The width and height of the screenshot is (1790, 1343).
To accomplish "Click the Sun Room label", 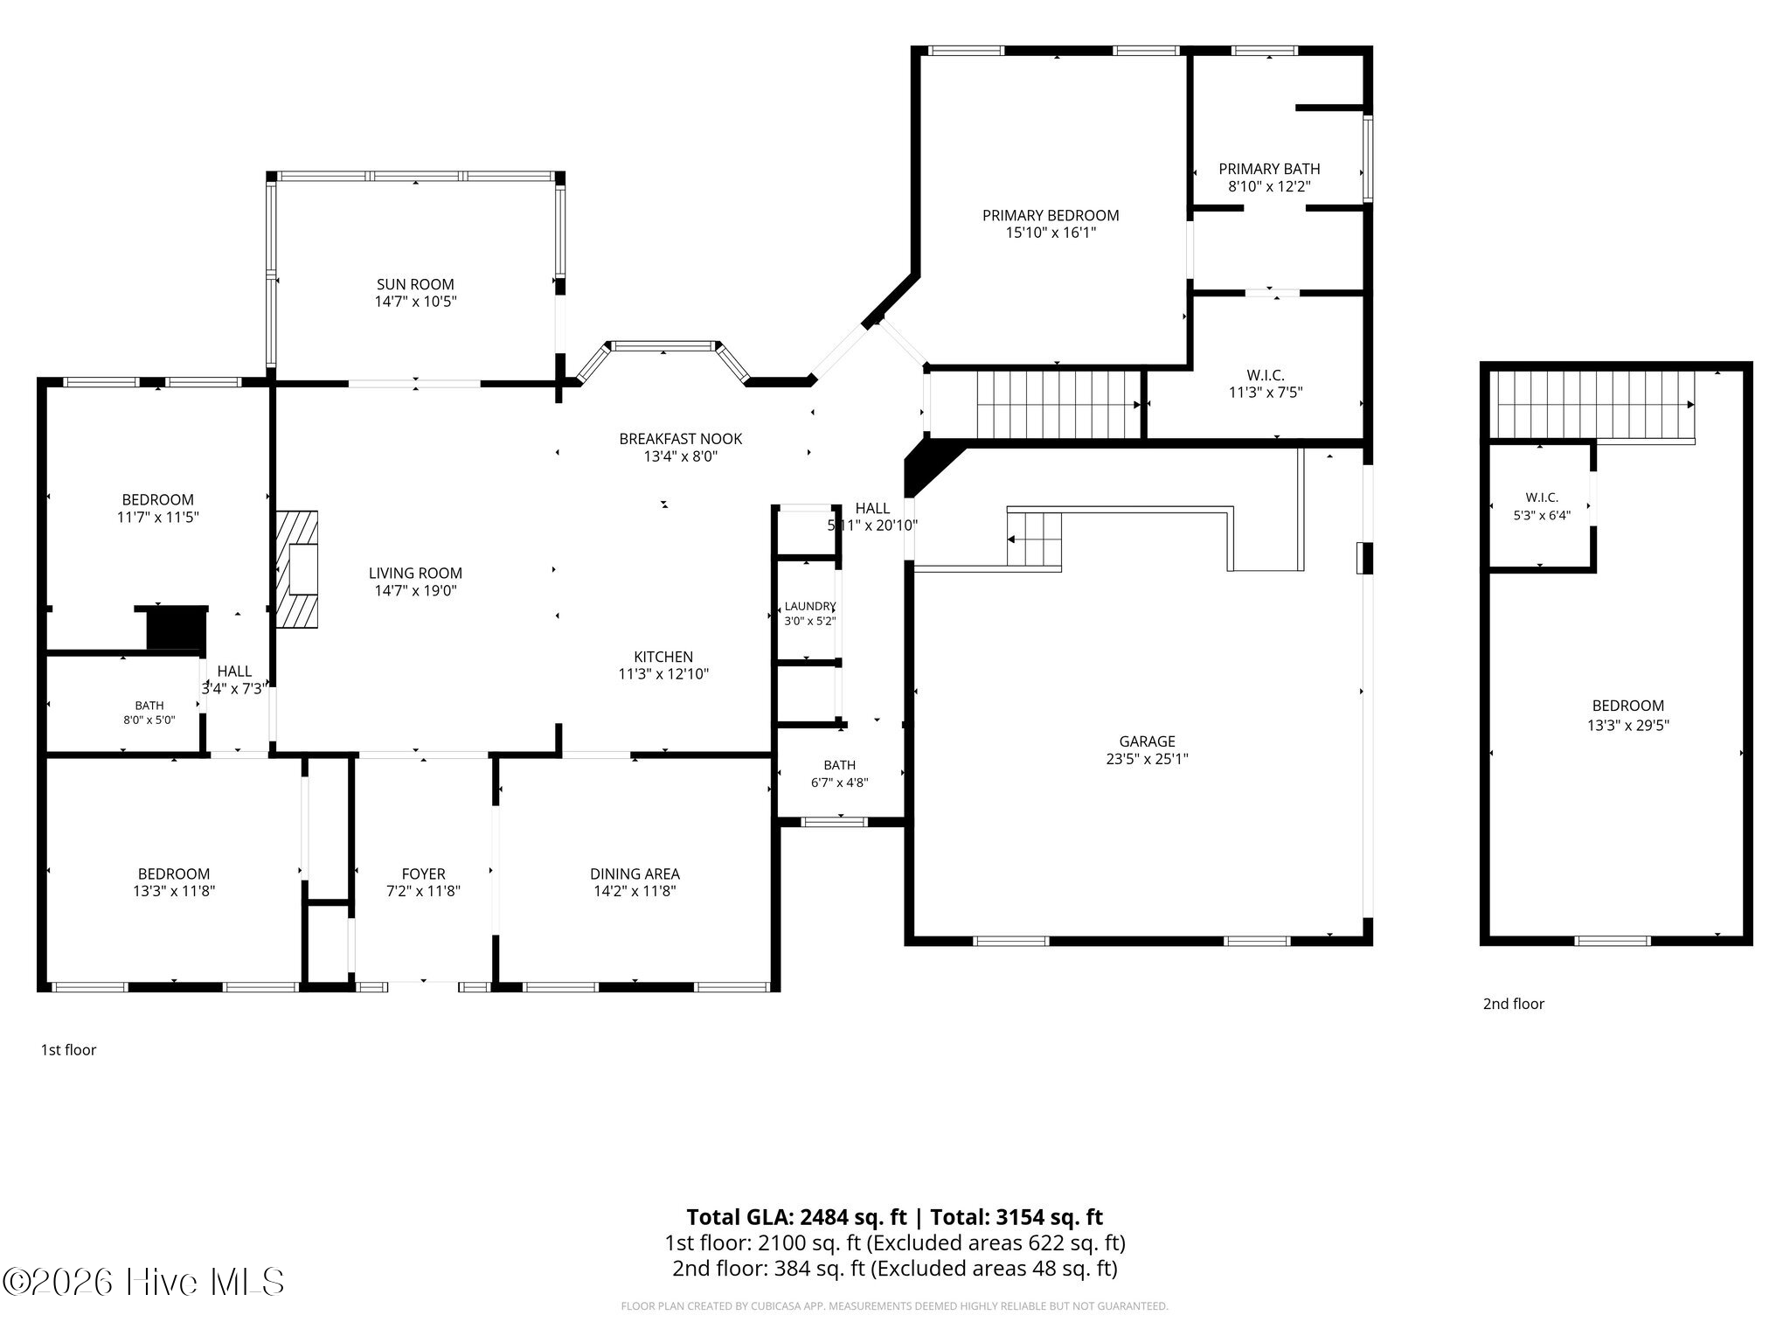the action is [415, 284].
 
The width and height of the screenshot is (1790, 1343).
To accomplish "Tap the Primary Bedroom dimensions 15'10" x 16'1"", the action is [1051, 233].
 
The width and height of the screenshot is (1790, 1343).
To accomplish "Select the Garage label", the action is [1147, 741].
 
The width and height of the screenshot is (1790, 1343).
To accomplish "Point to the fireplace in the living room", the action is [297, 569].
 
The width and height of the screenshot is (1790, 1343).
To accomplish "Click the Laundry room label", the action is [810, 606].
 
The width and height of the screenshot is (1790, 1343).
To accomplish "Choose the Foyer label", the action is [424, 873].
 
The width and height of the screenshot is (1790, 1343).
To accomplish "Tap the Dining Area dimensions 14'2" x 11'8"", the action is [635, 891].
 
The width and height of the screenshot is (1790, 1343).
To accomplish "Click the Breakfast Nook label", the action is [681, 439].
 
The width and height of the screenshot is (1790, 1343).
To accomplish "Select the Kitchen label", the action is [663, 657].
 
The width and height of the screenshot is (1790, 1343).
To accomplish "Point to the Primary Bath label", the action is [1269, 169].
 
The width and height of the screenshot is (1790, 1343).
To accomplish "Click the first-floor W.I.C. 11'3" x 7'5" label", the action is [1266, 384].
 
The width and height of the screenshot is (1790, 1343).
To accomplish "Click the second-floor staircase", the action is [1592, 405].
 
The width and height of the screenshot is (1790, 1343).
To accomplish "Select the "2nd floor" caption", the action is [1513, 1004].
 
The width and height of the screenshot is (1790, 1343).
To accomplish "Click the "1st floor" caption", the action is [68, 1049].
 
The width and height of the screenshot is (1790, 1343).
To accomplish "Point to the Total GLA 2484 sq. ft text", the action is [796, 1217].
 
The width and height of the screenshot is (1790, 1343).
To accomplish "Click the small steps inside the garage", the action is [1034, 539].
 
